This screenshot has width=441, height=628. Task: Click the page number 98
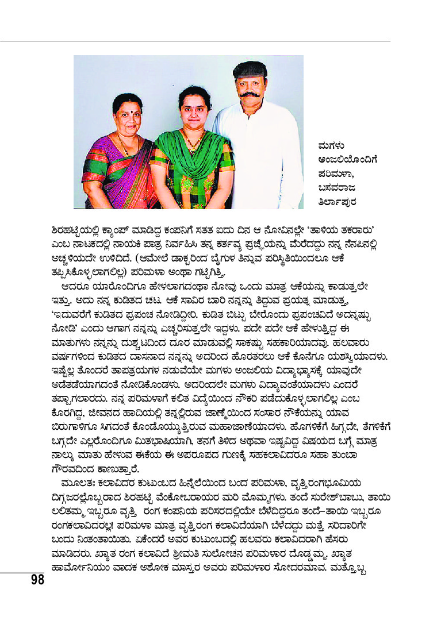pos(37,579)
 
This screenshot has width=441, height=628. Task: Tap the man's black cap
pos(250,70)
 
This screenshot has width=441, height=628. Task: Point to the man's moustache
pos(248,93)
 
